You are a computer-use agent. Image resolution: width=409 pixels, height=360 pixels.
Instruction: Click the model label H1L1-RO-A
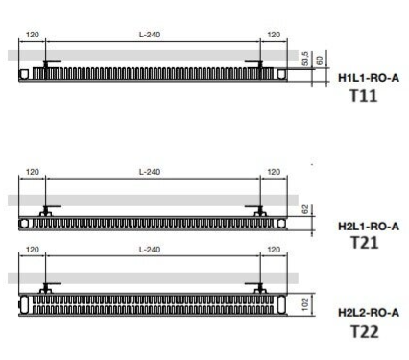[x=369, y=78]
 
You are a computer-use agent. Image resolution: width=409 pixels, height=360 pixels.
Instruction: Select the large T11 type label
[x=364, y=96]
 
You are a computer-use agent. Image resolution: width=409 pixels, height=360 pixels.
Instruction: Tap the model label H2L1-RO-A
[x=369, y=227]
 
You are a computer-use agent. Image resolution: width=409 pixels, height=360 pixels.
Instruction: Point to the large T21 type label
[x=365, y=243]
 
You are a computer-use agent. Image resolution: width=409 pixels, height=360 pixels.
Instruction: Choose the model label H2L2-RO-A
[x=369, y=312]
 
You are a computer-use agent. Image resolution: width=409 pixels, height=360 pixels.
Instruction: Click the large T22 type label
[x=365, y=331]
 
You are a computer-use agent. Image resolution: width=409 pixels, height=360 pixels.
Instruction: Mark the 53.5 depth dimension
[x=305, y=59]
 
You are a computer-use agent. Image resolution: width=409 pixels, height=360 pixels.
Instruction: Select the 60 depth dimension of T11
[x=320, y=60]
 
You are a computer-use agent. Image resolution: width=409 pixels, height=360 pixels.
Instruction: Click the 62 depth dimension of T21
[x=305, y=210]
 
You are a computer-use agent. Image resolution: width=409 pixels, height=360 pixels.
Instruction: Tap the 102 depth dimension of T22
[x=305, y=304]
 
